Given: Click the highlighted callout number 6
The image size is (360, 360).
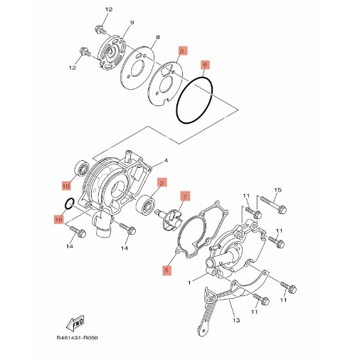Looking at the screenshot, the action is pyautogui.click(x=205, y=65).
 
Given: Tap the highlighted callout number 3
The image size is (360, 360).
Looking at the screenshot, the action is pyautogui.click(x=183, y=51).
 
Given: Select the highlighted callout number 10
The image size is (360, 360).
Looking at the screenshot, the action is pyautogui.click(x=66, y=186).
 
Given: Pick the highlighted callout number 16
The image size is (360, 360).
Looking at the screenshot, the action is pyautogui.click(x=58, y=220).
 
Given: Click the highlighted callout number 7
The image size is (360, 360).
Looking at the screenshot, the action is pyautogui.click(x=185, y=196).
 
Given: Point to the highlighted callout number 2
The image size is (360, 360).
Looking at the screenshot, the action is pyautogui.click(x=162, y=183).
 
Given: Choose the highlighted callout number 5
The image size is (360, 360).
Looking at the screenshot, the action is pyautogui.click(x=166, y=270).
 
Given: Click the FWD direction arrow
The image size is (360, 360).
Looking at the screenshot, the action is pyautogui.click(x=75, y=323).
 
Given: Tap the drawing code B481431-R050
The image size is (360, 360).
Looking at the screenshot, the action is pyautogui.click(x=77, y=337).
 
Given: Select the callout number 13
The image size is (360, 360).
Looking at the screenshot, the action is pyautogui.click(x=236, y=320).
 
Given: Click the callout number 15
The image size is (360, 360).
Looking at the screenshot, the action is pyautogui.click(x=277, y=190).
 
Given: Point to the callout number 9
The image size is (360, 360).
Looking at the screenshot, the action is pyautogui.click(x=132, y=22).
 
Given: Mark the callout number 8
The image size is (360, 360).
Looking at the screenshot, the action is pyautogui.click(x=158, y=37).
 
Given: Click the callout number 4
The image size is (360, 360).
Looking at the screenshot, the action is pyautogui.click(x=166, y=161).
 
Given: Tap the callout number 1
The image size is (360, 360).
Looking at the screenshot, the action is pyautogui.click(x=189, y=282).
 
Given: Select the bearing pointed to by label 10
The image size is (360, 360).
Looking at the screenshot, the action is pyautogui.click(x=81, y=169).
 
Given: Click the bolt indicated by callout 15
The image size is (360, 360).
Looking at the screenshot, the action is pyautogui.click(x=273, y=204).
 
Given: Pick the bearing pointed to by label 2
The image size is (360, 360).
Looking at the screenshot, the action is pyautogui.click(x=145, y=205).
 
